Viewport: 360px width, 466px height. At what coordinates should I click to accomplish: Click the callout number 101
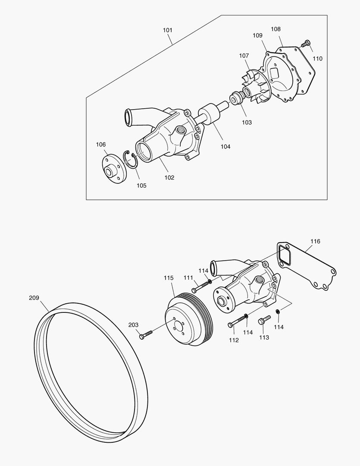click(x=168, y=30)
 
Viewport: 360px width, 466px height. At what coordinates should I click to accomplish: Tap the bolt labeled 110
click(x=305, y=44)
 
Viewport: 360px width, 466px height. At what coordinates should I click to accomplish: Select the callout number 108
click(x=275, y=29)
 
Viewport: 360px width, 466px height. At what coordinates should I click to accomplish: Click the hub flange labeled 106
click(x=113, y=168)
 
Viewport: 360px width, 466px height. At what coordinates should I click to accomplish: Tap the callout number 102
click(x=169, y=177)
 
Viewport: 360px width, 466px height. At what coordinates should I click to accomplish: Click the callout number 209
click(x=34, y=298)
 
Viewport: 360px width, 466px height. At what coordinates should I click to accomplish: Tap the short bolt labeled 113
click(x=264, y=320)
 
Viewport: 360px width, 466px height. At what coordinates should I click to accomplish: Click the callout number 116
click(x=315, y=241)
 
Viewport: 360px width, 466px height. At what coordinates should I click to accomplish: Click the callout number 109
click(x=257, y=35)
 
